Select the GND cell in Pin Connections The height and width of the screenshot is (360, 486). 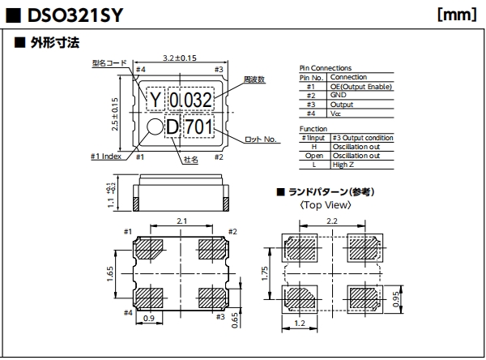339,95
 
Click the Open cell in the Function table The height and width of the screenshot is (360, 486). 314,156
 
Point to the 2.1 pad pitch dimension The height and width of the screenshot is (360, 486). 182,221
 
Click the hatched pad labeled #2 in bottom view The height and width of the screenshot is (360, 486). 213,246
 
